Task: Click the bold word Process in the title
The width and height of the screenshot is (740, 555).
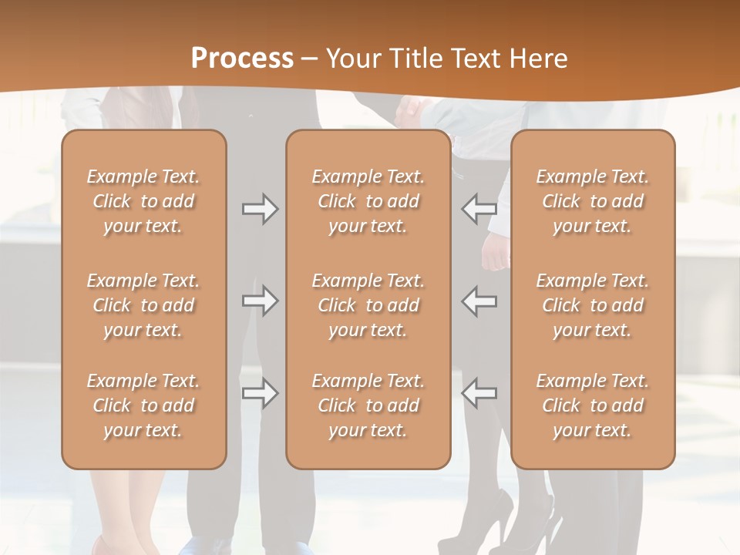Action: click(x=242, y=59)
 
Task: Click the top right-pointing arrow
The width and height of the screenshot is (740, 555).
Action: click(x=260, y=209)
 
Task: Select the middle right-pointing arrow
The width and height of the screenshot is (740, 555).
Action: click(x=260, y=301)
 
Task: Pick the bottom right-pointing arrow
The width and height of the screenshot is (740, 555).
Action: click(x=260, y=394)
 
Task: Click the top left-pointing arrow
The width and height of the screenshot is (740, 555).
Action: click(x=479, y=209)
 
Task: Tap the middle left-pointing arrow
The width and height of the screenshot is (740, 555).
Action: click(x=479, y=301)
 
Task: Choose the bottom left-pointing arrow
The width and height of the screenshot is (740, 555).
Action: click(x=479, y=394)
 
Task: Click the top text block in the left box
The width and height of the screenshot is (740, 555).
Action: click(x=143, y=201)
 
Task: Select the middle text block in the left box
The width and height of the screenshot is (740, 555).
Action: click(x=143, y=305)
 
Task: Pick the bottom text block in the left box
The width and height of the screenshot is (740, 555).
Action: click(x=143, y=405)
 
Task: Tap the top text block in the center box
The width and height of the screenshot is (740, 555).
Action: click(x=368, y=201)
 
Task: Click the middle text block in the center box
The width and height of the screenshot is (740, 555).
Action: click(x=368, y=305)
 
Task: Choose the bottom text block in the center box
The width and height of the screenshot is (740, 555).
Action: click(x=368, y=405)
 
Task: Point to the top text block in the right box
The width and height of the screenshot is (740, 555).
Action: click(x=592, y=201)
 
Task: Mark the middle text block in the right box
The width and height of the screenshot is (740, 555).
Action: click(x=592, y=305)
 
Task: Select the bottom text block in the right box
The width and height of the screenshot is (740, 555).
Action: click(x=592, y=405)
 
